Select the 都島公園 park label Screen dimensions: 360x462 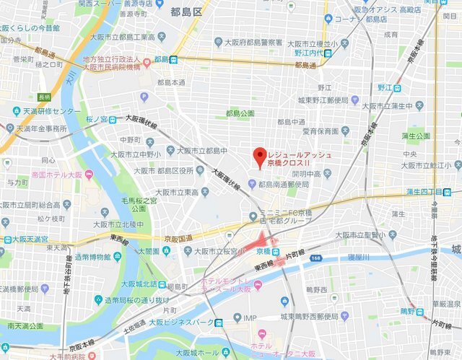tap(240, 113)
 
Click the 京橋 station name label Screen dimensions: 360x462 tap(263, 250)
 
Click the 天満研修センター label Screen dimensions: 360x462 tap(51, 113)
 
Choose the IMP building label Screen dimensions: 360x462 tap(250, 317)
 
